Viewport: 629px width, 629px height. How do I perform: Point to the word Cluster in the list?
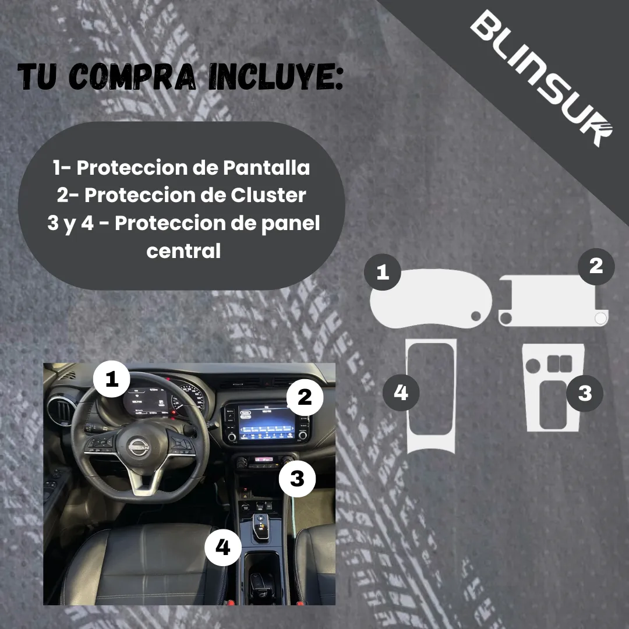pos(268,195)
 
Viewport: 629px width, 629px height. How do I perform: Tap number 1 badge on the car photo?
pos(112,380)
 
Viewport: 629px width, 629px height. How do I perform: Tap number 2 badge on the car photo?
pos(304,397)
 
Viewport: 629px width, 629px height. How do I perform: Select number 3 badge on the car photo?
pos(297,479)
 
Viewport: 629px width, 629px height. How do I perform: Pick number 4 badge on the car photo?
pos(223,547)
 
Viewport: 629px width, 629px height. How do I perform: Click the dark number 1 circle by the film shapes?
pos(383,272)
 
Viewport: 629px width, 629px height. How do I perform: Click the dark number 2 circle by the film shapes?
pos(595,266)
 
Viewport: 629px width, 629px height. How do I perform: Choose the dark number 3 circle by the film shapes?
pos(585,393)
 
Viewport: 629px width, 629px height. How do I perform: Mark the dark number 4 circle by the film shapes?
pos(401,393)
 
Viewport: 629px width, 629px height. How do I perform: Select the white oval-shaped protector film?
pos(431,301)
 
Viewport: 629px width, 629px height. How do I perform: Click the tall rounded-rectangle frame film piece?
pos(431,396)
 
